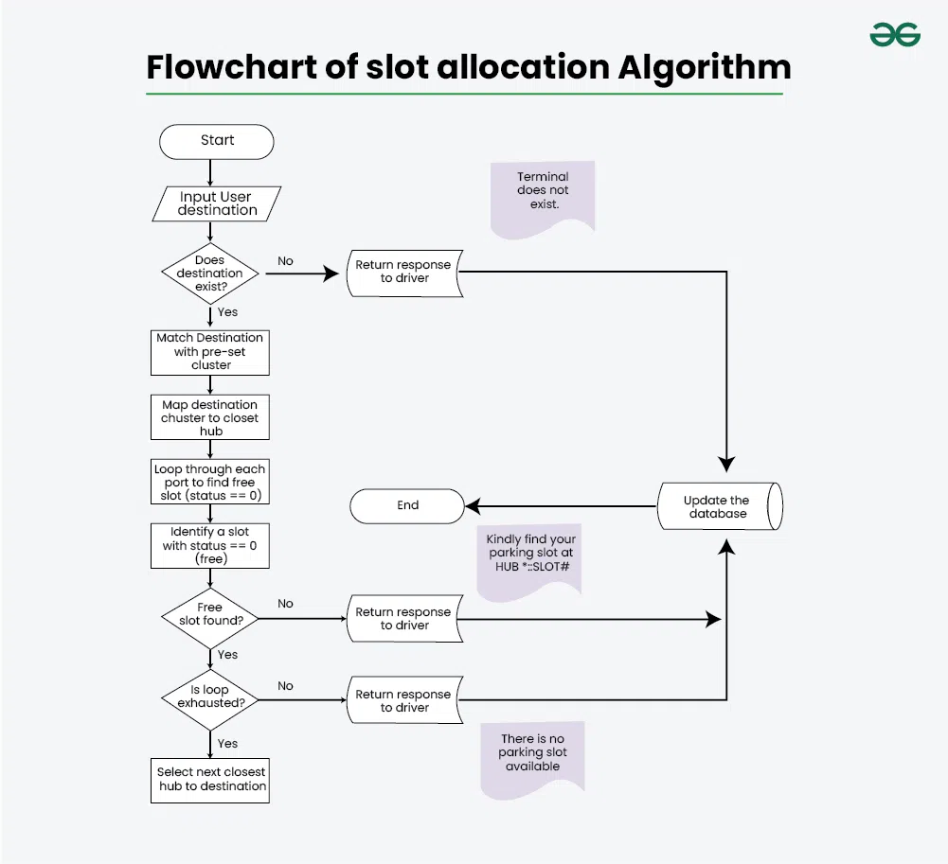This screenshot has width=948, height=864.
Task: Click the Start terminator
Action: click(217, 141)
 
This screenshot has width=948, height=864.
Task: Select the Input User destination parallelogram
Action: click(217, 203)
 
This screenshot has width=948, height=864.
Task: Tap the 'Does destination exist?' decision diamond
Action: click(209, 273)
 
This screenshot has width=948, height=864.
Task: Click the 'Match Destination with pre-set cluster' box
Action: click(209, 351)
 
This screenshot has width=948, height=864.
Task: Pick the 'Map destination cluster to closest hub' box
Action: click(209, 417)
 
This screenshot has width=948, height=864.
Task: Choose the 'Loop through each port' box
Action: click(209, 483)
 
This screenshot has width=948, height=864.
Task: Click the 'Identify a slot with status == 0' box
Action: click(209, 545)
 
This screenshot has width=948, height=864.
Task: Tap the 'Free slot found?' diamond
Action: click(209, 614)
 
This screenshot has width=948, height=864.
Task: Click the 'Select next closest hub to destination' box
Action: click(209, 779)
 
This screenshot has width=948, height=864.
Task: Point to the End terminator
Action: click(407, 505)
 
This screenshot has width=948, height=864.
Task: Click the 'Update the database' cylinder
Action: click(719, 507)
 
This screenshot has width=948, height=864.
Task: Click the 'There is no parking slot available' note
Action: click(532, 754)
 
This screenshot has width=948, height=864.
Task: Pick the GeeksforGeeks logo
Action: click(895, 35)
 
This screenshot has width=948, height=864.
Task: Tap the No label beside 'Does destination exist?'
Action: click(285, 261)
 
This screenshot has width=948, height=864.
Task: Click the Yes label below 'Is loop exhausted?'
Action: click(227, 744)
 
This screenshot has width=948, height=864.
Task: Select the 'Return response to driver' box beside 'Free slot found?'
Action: click(403, 619)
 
